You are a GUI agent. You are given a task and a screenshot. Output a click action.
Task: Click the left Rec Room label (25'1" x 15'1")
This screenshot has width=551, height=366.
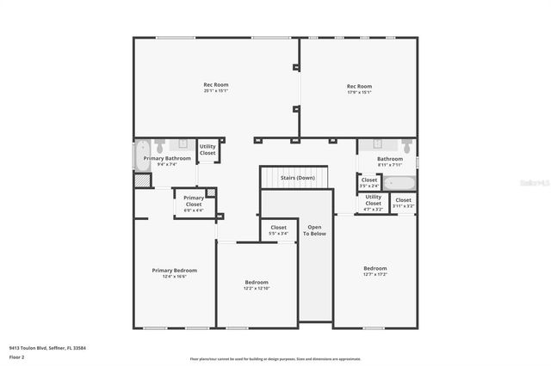(215, 88)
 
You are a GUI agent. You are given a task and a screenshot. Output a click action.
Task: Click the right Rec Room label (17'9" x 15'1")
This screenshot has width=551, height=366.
(359, 88)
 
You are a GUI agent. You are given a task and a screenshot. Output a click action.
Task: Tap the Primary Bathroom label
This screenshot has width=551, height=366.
(167, 161)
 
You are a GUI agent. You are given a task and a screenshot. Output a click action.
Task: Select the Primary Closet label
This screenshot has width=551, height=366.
(194, 204)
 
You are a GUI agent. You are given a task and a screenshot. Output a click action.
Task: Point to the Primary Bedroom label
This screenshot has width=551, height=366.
(175, 273)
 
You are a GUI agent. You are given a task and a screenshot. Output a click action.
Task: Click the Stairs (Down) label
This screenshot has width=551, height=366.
(297, 178)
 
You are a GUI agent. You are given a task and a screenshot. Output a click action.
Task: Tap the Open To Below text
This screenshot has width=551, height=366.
(315, 230)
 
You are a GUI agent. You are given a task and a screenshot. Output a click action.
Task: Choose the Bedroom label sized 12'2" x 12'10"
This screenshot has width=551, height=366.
(257, 285)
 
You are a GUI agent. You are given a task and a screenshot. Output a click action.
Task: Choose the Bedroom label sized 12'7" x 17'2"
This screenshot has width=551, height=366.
(375, 271)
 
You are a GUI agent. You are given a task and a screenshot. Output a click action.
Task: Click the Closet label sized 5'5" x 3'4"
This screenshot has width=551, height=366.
(278, 230)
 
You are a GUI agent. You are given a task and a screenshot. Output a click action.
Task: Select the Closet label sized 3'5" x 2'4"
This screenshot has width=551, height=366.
(368, 182)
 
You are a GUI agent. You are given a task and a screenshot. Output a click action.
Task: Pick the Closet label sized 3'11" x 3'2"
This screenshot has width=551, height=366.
(403, 203)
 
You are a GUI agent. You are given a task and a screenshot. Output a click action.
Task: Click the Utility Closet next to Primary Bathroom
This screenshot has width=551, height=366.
(207, 149)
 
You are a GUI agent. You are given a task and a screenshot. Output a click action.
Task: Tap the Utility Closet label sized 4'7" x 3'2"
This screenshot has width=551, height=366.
(373, 203)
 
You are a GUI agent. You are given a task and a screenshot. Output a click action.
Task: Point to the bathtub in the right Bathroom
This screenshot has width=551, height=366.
(399, 182)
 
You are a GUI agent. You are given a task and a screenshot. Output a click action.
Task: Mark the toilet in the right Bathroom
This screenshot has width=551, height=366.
(407, 147)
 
